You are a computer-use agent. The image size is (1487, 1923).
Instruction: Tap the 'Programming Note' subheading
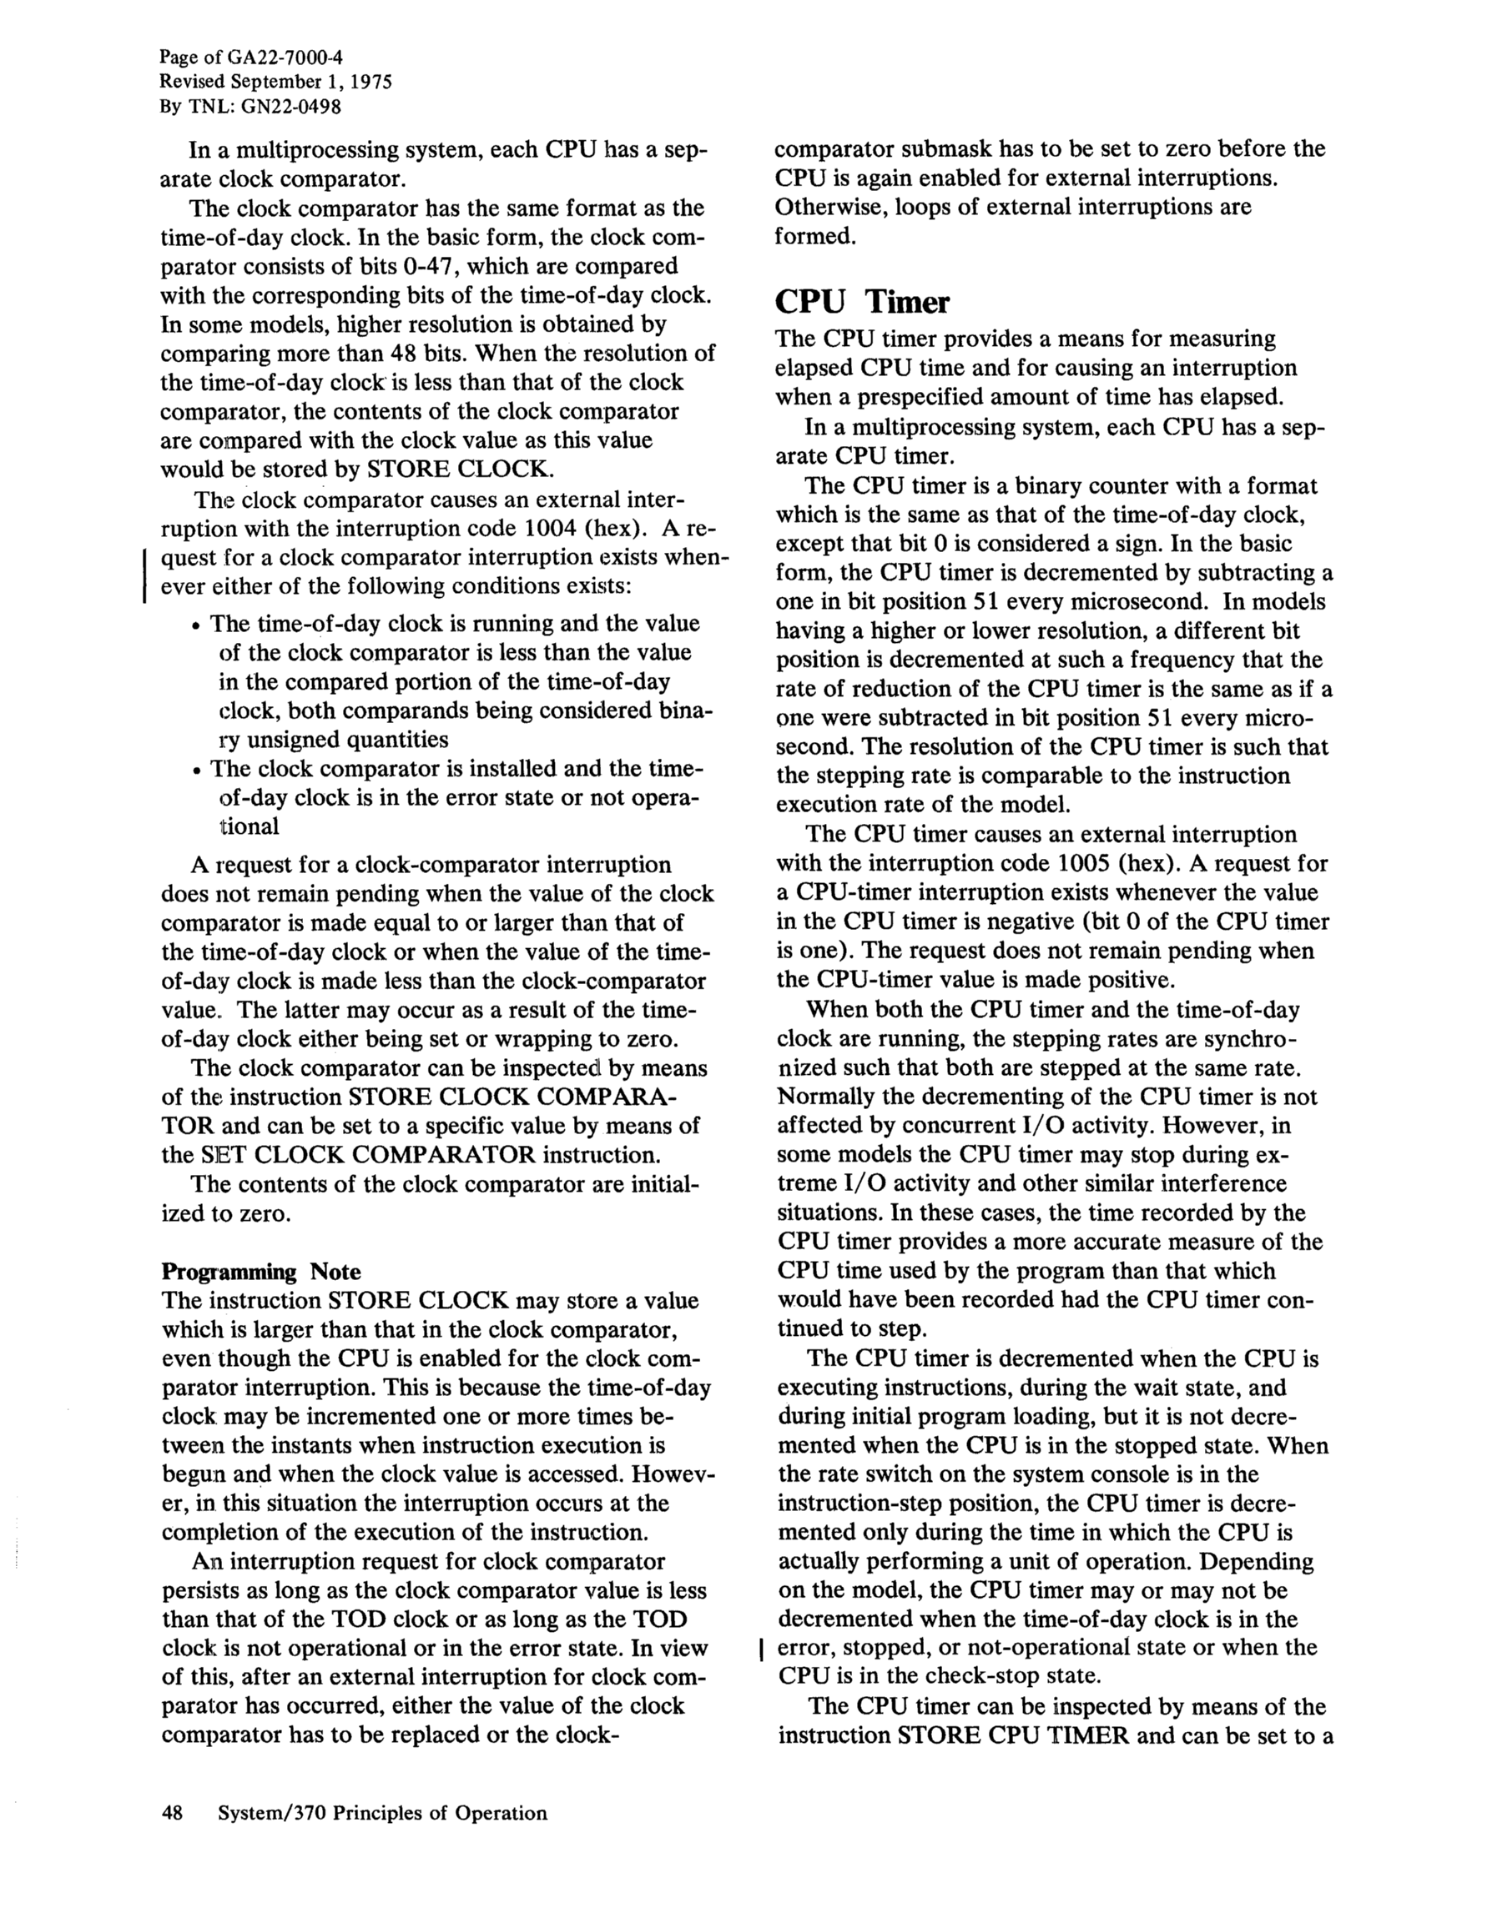tap(260, 1272)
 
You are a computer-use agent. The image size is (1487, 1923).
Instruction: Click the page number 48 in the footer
tap(172, 1813)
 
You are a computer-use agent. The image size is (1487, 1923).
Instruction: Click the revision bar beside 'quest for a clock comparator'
tap(144, 573)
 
